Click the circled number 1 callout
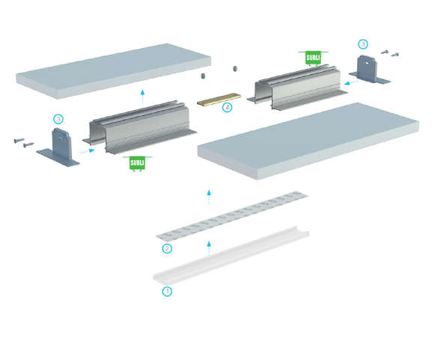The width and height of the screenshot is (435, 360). pos(167,291)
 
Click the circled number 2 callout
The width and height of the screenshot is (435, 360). pos(167,248)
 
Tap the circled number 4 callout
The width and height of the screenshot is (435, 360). pos(227,107)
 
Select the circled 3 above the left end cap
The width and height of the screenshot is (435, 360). pos(58,119)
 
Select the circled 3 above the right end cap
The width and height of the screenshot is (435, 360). pos(363,44)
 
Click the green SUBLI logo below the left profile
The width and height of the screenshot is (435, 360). pos(137,163)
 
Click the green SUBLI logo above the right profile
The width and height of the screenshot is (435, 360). pos(313,58)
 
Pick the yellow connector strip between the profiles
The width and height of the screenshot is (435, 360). pos(219,99)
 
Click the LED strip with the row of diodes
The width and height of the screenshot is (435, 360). pos(232,216)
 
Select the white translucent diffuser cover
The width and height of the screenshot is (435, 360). pos(231,255)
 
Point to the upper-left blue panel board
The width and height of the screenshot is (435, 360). pos(113,71)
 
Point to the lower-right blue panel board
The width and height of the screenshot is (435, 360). pos(308,141)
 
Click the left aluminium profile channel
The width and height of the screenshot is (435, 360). pos(139,127)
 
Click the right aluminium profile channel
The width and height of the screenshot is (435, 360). pos(297,88)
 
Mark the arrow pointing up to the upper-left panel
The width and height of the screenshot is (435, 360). pos(142,96)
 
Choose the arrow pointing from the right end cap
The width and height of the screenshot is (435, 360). pos(350,82)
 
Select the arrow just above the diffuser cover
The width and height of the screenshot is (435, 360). pos(209,248)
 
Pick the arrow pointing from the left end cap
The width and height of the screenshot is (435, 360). pos(87,151)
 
